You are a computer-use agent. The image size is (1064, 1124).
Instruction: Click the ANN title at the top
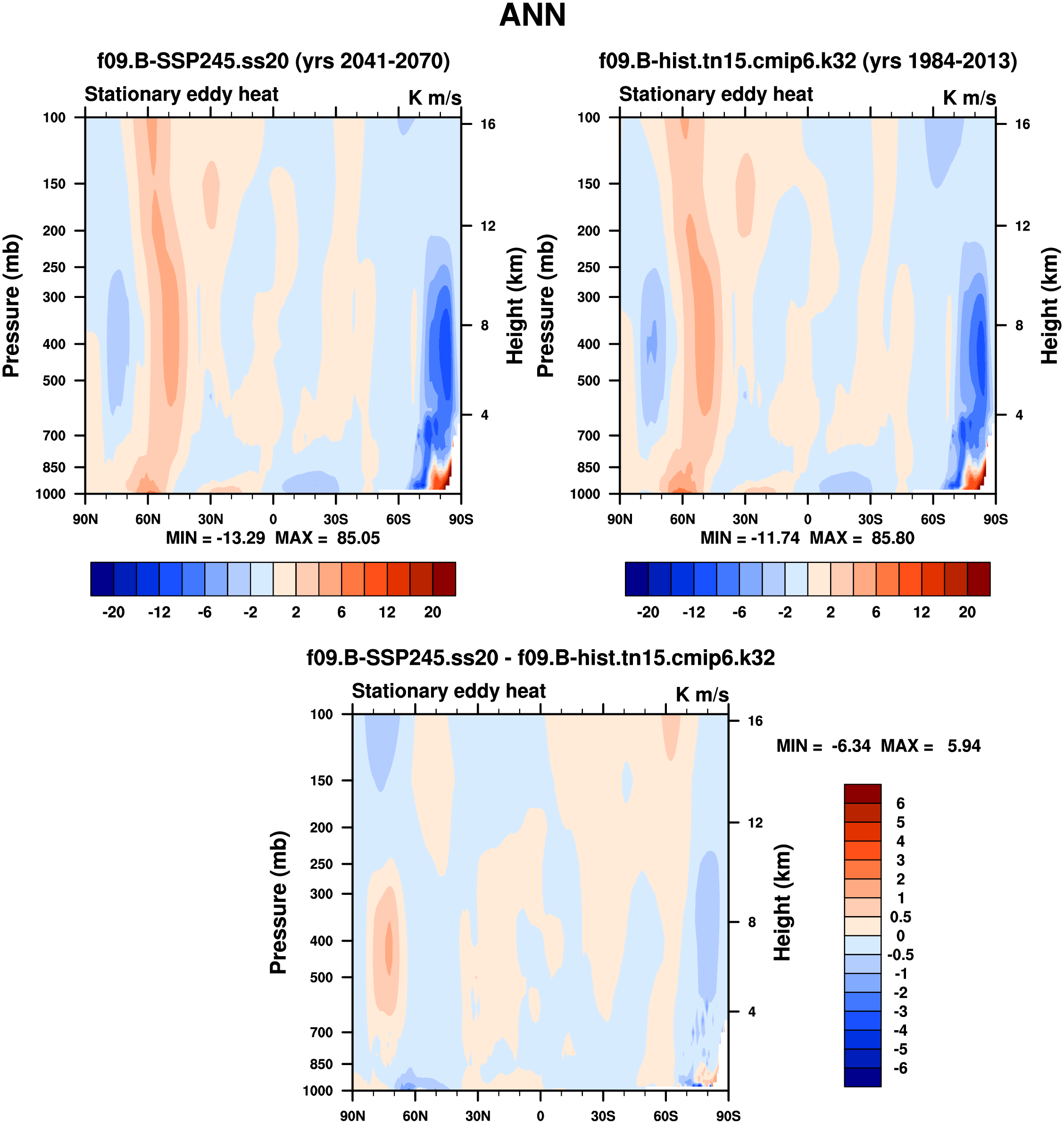[x=532, y=15]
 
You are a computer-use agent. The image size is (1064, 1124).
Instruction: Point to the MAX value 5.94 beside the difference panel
[x=964, y=746]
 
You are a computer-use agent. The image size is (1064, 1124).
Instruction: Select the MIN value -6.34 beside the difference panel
[x=851, y=746]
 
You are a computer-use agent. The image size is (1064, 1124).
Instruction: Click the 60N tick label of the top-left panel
[x=148, y=519]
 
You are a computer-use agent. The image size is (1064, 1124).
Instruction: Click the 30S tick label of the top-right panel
[x=870, y=519]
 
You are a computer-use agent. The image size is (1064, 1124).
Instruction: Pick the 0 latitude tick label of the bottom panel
[x=540, y=1116]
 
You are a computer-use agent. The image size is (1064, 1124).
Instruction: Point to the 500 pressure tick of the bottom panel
[x=321, y=977]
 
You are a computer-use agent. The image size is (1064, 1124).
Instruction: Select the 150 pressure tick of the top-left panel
[x=54, y=184]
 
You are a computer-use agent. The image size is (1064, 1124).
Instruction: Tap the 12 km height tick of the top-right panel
[x=1022, y=226]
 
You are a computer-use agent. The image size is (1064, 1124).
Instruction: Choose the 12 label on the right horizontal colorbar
[x=921, y=612]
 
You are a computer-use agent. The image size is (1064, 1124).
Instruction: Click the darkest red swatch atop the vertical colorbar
[x=862, y=793]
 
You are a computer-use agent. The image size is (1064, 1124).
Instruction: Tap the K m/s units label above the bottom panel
[x=702, y=694]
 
